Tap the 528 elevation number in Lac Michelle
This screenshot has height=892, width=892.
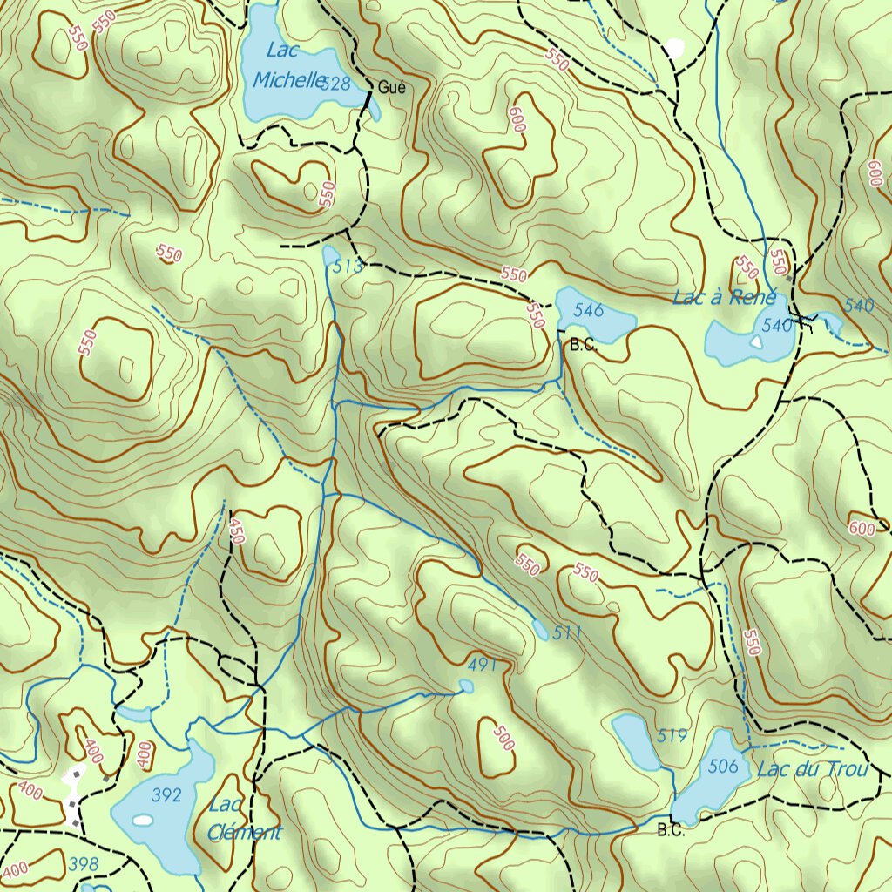(335, 84)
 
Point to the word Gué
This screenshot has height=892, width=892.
(391, 87)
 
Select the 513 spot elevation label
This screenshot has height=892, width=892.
(348, 267)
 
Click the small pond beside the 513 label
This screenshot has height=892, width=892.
(330, 255)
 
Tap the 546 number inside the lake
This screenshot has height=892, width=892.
(589, 309)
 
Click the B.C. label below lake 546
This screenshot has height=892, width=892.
(583, 345)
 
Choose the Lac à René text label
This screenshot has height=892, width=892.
(724, 298)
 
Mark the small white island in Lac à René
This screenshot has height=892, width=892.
(755, 342)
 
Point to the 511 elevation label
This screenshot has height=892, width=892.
(566, 633)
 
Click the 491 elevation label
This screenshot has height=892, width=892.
(482, 665)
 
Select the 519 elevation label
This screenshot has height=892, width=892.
(672, 736)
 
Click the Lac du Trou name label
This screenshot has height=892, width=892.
(812, 769)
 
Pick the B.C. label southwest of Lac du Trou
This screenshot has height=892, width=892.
(671, 829)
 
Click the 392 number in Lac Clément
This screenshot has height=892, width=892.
(166, 794)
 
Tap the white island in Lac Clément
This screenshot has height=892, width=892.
(141, 820)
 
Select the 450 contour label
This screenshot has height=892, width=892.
(236, 530)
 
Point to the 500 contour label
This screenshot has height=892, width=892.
(503, 738)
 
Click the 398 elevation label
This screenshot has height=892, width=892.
(84, 864)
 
